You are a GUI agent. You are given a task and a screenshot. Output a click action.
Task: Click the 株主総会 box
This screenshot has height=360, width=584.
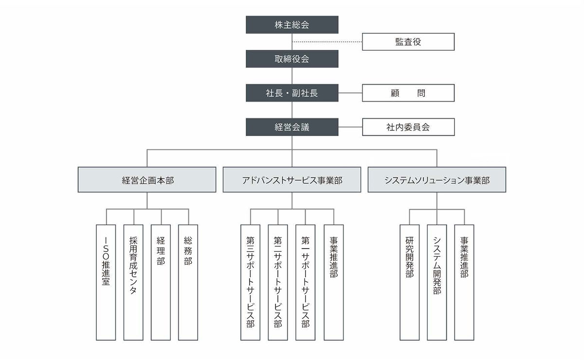(x=292, y=25)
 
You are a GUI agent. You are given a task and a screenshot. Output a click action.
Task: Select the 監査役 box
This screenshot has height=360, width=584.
(x=408, y=42)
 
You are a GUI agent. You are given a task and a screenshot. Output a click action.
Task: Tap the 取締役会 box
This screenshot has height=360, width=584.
(x=292, y=59)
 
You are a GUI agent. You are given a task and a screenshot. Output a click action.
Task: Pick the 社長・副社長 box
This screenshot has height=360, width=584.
(x=292, y=93)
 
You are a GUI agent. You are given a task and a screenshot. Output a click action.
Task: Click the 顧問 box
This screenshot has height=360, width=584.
(x=408, y=93)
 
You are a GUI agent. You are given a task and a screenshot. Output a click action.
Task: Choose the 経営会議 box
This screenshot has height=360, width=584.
(x=292, y=127)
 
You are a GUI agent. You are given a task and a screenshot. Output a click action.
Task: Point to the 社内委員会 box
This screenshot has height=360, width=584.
(x=408, y=127)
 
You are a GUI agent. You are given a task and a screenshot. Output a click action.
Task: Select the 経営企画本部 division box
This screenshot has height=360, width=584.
(x=147, y=180)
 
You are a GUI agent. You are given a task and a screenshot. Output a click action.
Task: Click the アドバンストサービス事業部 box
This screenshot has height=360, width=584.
(x=292, y=180)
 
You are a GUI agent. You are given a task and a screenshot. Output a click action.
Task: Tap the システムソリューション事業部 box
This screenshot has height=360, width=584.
(x=437, y=180)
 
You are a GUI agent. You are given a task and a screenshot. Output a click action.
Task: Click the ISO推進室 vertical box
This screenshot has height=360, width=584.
(x=106, y=282)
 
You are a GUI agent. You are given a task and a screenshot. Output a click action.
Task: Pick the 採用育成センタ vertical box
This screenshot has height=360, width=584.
(x=133, y=282)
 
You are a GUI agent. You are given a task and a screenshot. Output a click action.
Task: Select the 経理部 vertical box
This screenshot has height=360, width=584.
(x=161, y=282)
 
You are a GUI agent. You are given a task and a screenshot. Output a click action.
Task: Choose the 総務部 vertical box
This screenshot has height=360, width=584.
(x=188, y=282)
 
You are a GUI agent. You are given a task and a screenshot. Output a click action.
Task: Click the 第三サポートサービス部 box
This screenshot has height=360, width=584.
(x=250, y=282)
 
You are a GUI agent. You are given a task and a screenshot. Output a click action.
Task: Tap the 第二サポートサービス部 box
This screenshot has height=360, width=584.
(x=277, y=282)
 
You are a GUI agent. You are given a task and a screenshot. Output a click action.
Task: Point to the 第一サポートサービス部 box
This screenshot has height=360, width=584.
(x=305, y=282)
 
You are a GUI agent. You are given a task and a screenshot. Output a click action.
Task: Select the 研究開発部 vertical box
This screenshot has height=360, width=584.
(x=409, y=282)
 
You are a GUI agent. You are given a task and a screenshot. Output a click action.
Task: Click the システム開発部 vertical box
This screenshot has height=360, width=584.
(x=437, y=282)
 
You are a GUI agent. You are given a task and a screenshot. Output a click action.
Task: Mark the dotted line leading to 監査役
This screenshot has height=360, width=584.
(x=327, y=42)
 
